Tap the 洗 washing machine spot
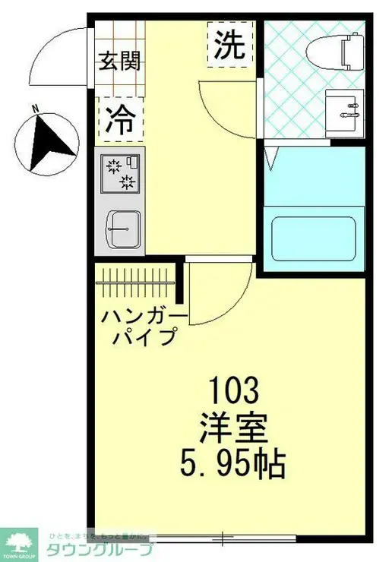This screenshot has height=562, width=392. click(229, 47)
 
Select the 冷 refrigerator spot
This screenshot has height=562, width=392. click(120, 121)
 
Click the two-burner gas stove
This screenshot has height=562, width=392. click(122, 173)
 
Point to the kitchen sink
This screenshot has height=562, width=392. click(122, 227)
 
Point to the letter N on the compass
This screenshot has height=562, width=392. click(34, 111)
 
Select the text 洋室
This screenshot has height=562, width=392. click(235, 428)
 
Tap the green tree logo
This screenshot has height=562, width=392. click(23, 542)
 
